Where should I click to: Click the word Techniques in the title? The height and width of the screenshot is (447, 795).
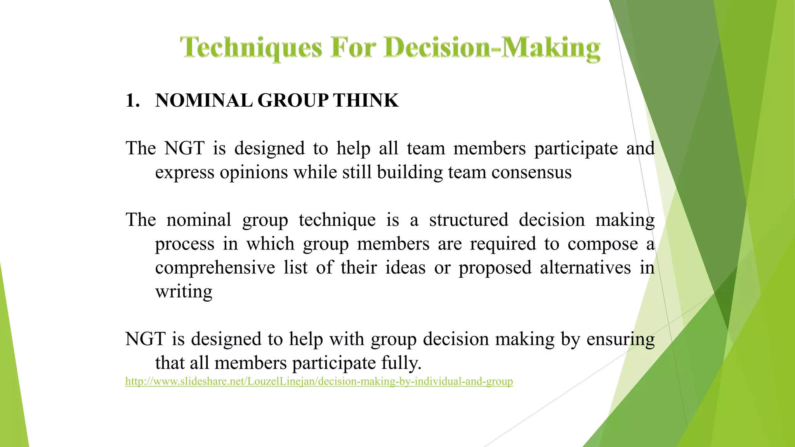tap(251, 48)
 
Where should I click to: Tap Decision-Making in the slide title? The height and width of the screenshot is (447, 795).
tap(492, 48)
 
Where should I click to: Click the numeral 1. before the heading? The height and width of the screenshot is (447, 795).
tap(133, 100)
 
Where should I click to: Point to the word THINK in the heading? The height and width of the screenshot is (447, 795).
tap(366, 100)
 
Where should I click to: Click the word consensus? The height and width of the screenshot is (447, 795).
tap(531, 172)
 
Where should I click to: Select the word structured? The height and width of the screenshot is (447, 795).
tap(469, 220)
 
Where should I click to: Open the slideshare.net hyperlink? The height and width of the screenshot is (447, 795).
tap(319, 381)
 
